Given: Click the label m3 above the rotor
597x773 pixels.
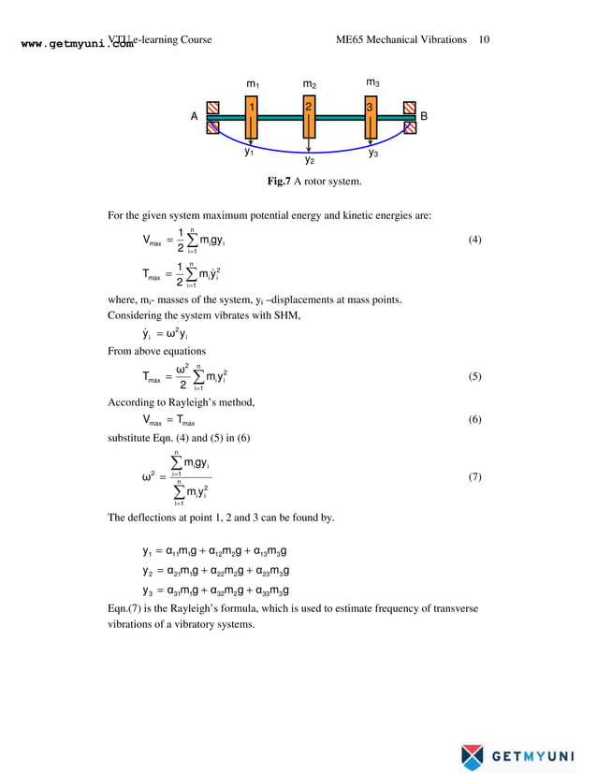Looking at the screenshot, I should coord(372,82).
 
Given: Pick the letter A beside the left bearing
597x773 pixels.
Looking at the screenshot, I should coord(195,117).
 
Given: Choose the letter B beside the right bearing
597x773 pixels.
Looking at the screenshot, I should coord(424,116).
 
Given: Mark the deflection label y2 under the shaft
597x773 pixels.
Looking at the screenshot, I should coord(310,160).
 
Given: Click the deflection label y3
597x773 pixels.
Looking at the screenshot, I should coord(372,152).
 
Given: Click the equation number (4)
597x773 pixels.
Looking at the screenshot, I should coord(474,241).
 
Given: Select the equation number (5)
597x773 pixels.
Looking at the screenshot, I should coord(474,377).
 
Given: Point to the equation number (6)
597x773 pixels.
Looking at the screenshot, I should coord(474,420).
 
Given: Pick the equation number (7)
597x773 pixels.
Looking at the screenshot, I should coord(474,477).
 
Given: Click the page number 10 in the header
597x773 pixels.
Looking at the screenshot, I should coord(484,40).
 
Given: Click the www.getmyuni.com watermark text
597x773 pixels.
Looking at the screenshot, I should coord(75,43).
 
